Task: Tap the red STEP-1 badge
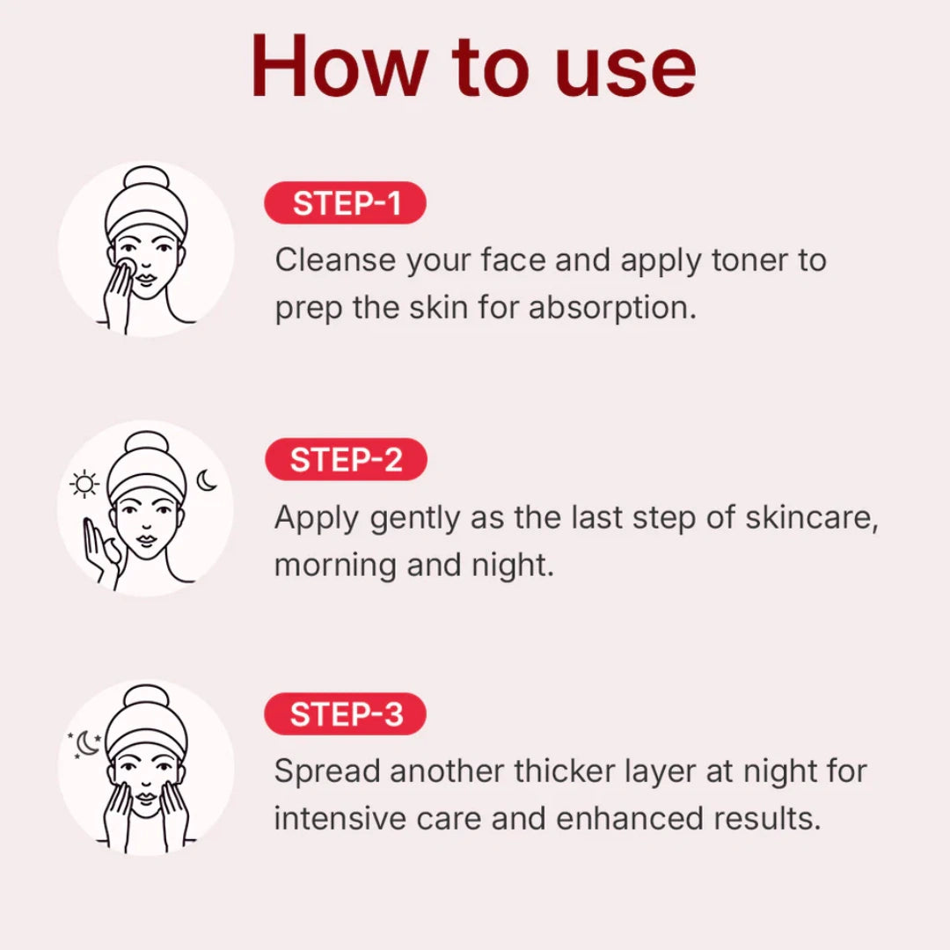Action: (346, 203)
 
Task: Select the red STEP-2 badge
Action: (346, 460)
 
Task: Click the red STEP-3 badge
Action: (346, 714)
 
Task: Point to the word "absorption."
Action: (612, 308)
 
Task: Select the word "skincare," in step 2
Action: (811, 518)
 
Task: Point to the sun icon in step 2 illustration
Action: (84, 485)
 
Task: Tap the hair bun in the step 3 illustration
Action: (146, 698)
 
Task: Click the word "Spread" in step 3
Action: (325, 771)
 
